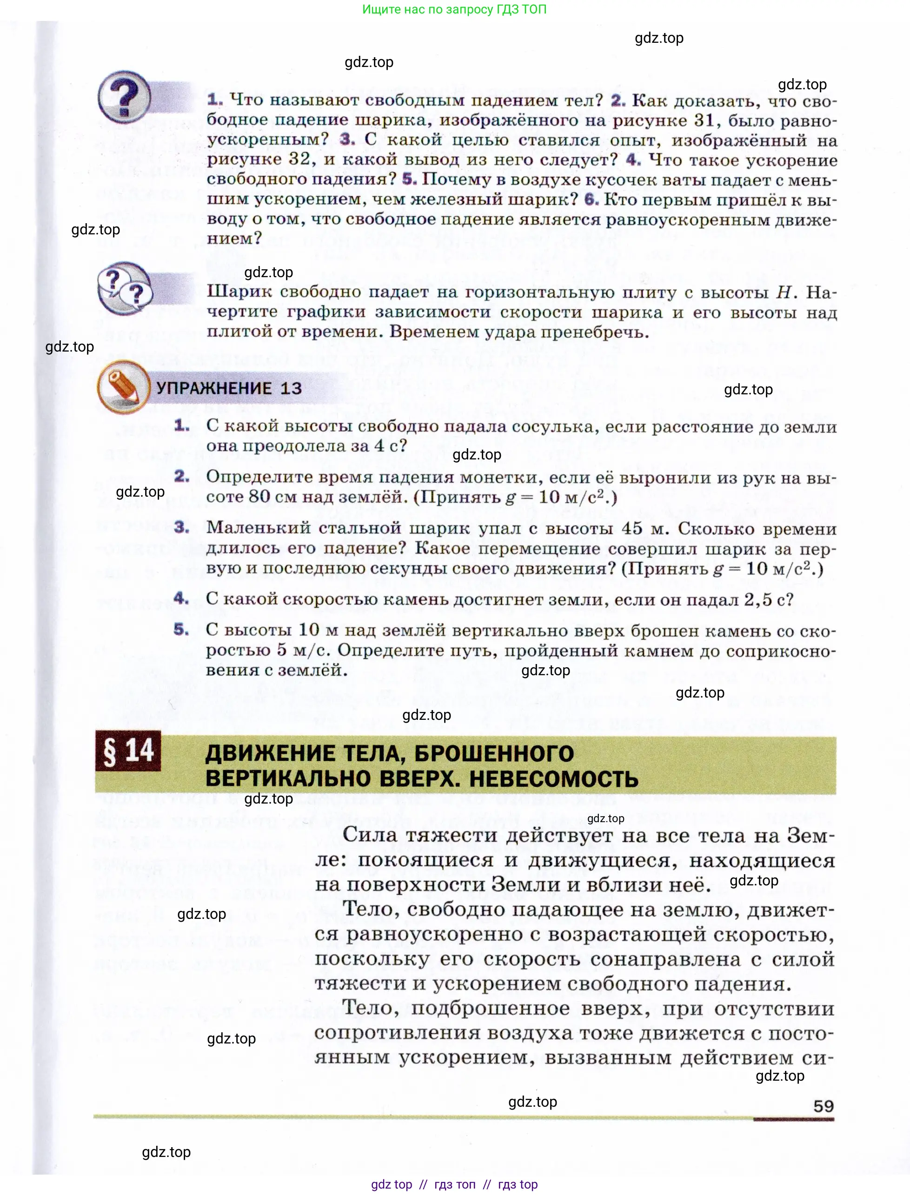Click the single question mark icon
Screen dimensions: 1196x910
point(125,97)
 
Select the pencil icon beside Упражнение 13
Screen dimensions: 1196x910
point(124,387)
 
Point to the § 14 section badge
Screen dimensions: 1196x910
point(128,751)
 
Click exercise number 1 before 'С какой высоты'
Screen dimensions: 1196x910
point(182,426)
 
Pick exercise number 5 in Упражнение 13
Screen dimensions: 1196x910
point(181,630)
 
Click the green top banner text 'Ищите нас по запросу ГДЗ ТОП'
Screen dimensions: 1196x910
point(454,9)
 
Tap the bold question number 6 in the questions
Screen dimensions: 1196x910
point(591,199)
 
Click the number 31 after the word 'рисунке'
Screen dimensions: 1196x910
point(704,120)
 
